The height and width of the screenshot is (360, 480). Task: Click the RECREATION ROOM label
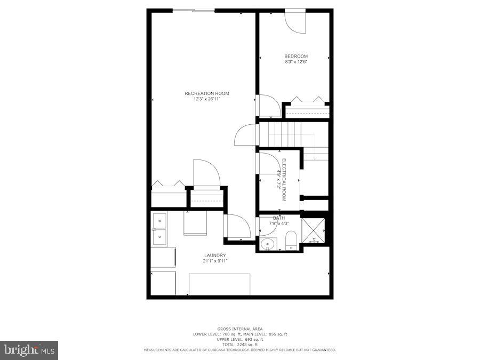203,93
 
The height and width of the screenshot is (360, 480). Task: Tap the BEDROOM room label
295,56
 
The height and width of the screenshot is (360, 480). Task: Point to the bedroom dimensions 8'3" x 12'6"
297,62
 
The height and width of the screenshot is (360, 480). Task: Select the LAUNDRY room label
215,255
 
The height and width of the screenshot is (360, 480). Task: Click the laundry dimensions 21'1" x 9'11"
215,261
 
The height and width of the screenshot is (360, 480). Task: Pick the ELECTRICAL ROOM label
284,179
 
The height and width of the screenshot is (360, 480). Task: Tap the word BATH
279,218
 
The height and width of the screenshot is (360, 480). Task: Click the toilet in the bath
291,241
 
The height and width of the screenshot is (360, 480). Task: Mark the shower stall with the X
313,230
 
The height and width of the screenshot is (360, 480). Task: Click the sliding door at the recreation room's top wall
193,10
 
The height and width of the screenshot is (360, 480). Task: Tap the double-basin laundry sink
159,228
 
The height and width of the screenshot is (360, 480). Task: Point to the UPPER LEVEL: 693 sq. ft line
239,339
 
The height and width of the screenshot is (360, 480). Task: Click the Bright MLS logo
29,350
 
